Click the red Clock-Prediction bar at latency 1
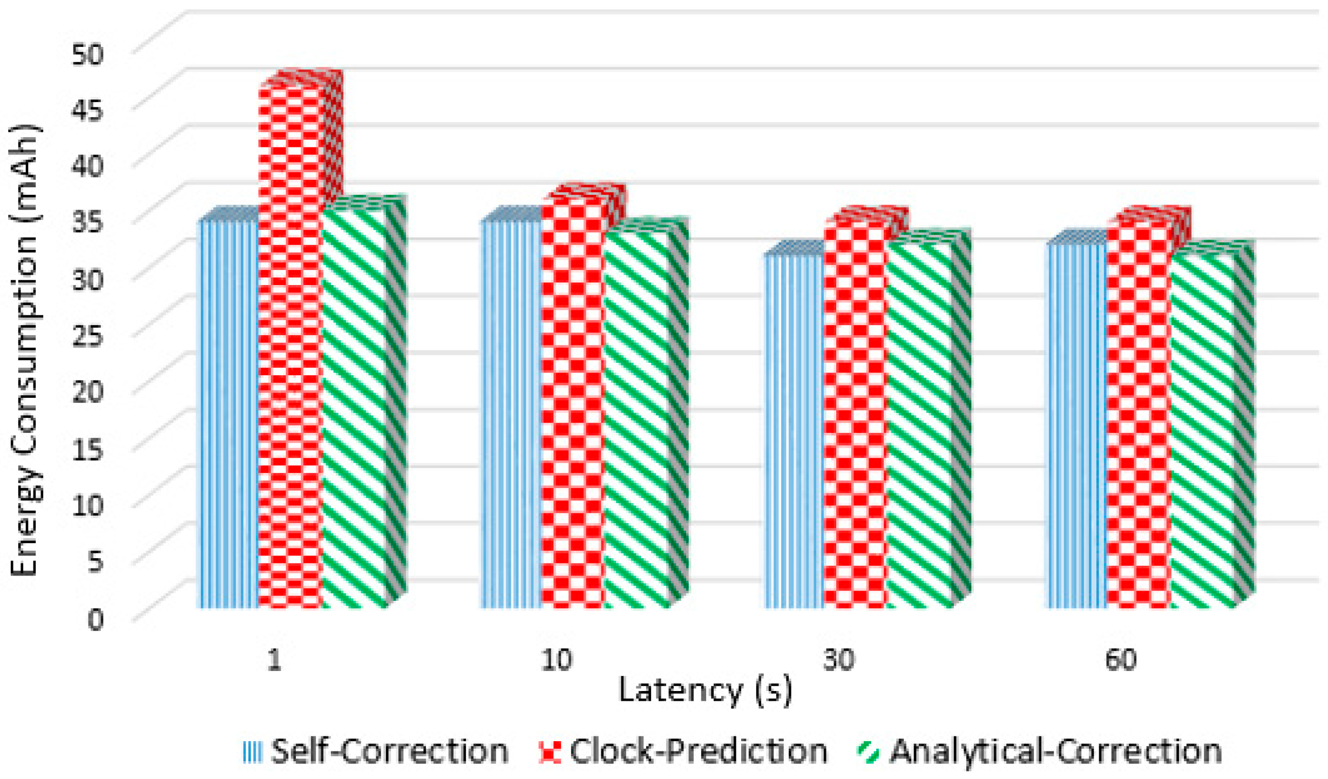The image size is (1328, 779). tap(290, 346)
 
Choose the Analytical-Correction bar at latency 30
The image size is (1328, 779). tap(919, 426)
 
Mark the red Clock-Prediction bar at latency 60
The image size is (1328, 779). tap(1138, 416)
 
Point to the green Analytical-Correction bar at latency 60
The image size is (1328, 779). tap(1203, 432)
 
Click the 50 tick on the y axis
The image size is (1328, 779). tap(87, 55)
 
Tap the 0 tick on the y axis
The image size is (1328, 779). tap(96, 619)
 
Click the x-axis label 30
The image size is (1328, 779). tap(838, 660)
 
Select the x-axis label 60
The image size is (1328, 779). tap(1121, 660)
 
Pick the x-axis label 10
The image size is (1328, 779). tap(556, 660)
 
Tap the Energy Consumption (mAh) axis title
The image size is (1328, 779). tap(24, 351)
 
